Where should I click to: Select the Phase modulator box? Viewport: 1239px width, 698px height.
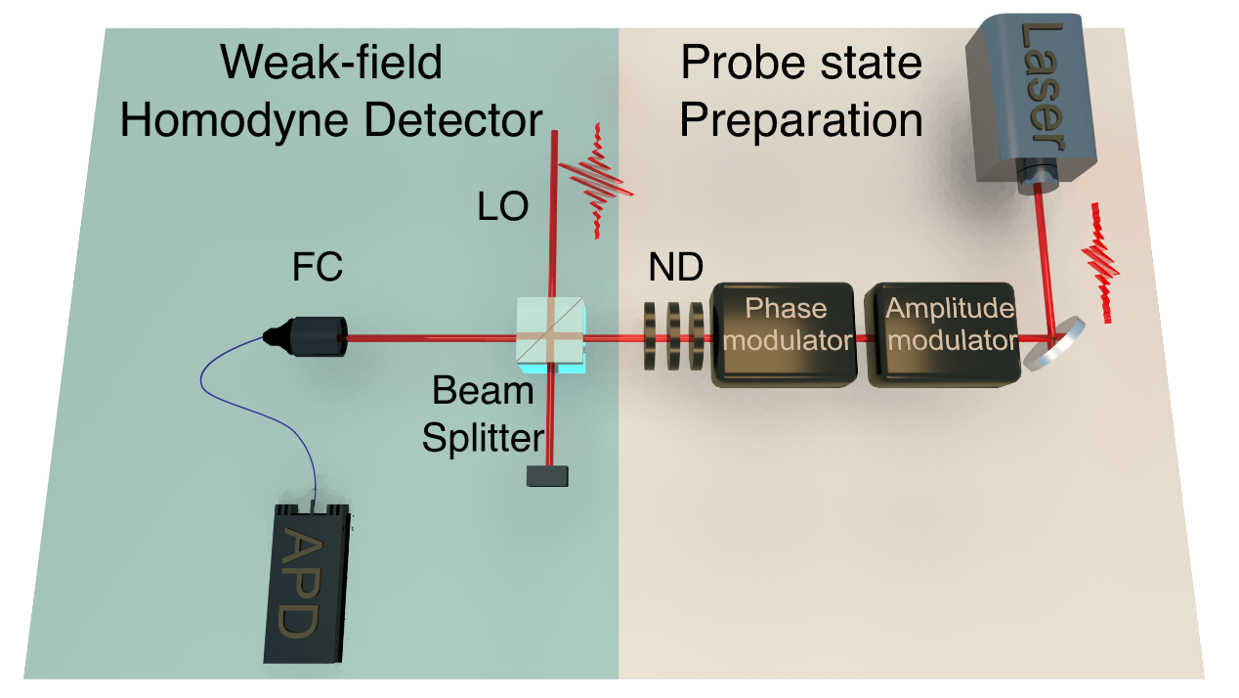[x=786, y=333]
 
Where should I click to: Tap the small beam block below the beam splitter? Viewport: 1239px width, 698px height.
[x=547, y=476]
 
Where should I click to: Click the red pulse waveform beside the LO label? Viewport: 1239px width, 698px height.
[x=595, y=181]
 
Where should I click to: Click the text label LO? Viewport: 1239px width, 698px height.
[x=503, y=207]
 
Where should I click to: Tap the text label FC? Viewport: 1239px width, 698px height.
[x=317, y=266]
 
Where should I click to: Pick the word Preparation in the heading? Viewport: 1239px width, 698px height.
[x=800, y=121]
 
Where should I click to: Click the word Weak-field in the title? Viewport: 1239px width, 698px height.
[x=331, y=64]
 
